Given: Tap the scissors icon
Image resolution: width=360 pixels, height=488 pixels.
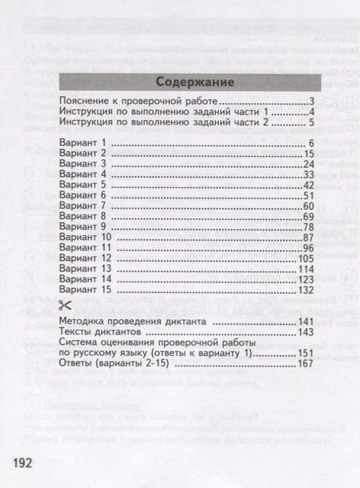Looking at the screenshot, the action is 66,304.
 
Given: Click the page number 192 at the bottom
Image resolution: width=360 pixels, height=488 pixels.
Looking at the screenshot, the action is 22,464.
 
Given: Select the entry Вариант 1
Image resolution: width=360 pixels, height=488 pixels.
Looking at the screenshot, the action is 83,142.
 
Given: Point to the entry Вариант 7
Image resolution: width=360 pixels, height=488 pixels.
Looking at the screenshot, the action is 83,206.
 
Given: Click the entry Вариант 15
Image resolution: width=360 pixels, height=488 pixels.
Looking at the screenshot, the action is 86,290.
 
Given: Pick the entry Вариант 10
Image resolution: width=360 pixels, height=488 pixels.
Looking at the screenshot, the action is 86,238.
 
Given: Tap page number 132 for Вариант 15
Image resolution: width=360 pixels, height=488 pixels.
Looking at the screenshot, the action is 306,290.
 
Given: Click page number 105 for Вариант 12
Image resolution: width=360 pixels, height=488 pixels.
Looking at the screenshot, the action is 306,258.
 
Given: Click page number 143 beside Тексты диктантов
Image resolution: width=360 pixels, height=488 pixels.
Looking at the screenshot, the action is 306,331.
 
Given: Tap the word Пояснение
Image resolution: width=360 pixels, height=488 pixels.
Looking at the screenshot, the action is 84,102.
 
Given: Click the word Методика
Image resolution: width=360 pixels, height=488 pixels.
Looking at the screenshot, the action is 82,321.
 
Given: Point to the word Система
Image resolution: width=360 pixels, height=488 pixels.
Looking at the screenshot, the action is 80,342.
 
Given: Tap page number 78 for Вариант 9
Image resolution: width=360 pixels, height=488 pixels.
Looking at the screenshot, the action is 310,227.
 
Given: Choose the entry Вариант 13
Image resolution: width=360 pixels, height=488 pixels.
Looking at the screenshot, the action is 86,269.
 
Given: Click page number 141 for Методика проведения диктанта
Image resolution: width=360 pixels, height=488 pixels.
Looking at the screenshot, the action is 306,321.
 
